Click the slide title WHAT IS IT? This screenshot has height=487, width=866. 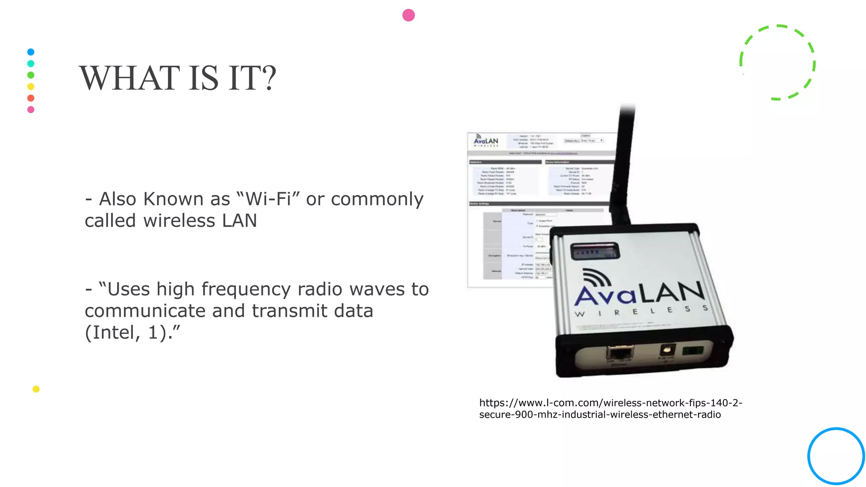coord(178,78)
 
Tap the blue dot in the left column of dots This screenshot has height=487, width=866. coord(31,52)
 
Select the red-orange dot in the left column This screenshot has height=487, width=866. coord(31,98)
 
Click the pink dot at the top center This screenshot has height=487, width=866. coord(408,15)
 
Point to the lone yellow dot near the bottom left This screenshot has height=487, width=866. coord(36,389)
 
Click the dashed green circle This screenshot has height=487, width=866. coord(777,63)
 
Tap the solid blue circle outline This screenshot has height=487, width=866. coord(836,456)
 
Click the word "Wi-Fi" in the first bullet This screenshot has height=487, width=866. coord(268,199)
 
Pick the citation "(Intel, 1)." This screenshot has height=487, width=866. coord(132,332)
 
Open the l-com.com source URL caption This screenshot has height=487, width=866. coord(610,408)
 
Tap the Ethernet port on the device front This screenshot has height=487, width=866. coord(620,353)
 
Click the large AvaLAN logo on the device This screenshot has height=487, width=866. coord(639,292)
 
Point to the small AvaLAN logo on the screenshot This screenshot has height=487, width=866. coord(486,140)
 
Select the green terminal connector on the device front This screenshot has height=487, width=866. coord(693,350)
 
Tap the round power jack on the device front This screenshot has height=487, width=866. coord(667,350)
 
